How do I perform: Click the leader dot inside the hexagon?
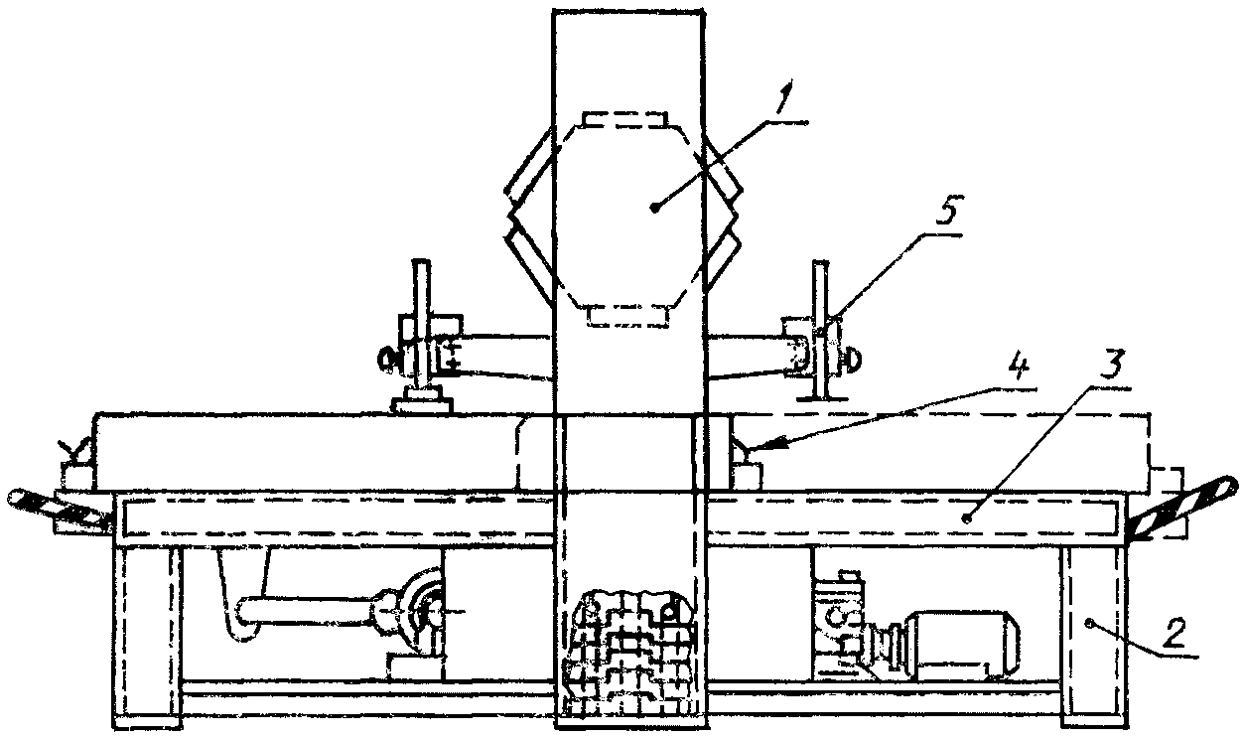coord(654,207)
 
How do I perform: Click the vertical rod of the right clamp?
coord(820,328)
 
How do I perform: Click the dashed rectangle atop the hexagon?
coord(623,120)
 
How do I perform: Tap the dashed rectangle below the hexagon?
coord(623,316)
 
